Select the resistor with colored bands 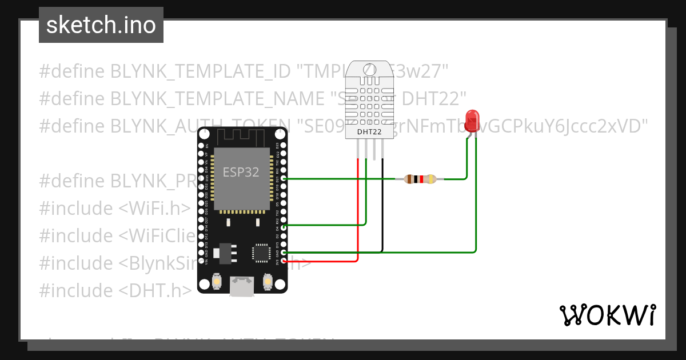pyautogui.click(x=420, y=179)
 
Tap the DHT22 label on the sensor pyautogui.click(x=369, y=132)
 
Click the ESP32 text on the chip pyautogui.click(x=241, y=173)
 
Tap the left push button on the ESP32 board pyautogui.click(x=217, y=281)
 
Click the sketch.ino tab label pyautogui.click(x=101, y=25)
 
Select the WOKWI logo pyautogui.click(x=607, y=315)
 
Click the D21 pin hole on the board pyautogui.click(x=284, y=179)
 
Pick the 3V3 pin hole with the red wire pyautogui.click(x=284, y=261)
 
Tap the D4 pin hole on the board pyautogui.click(x=284, y=227)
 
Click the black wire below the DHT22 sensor pyautogui.click(x=382, y=206)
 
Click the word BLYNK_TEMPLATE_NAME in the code pyautogui.click(x=218, y=98)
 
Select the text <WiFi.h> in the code pyautogui.click(x=154, y=208)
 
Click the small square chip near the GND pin pyautogui.click(x=261, y=253)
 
